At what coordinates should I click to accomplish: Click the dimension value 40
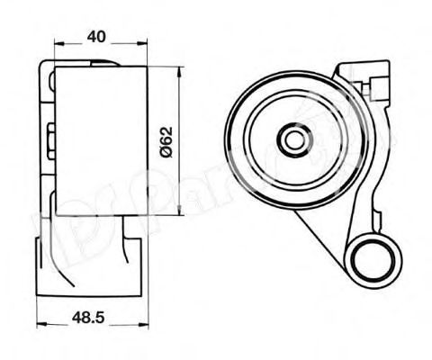coord(98,36)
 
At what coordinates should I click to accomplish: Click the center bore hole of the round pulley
coord(292,139)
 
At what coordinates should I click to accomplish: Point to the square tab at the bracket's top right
coord(375,80)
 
